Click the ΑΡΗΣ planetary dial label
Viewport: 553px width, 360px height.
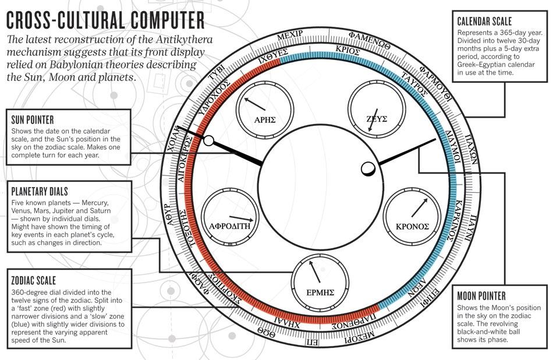[x=265, y=119]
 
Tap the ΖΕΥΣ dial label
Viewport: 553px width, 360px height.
[x=377, y=119]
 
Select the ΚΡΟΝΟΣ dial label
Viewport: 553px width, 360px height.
[x=412, y=227]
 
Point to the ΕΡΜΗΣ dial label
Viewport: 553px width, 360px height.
[x=320, y=292]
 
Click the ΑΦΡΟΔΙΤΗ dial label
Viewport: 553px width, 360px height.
[x=229, y=226]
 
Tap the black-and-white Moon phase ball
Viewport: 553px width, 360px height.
[x=368, y=169]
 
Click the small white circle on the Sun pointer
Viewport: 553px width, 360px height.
[x=209, y=141]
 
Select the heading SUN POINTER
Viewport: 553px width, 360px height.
[x=33, y=120]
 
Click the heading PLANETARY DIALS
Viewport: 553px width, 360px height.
[x=40, y=191]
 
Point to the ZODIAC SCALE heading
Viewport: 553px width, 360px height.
[x=34, y=281]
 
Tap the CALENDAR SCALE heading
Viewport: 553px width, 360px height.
[x=484, y=21]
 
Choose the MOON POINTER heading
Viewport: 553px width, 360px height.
[x=481, y=296]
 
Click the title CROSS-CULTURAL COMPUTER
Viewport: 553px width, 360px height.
[x=105, y=20]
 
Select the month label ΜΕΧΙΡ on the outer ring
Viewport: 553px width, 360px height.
[x=290, y=36]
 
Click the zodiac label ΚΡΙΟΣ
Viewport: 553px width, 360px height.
[x=347, y=51]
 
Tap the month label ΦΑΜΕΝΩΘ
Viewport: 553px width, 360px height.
[x=370, y=41]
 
